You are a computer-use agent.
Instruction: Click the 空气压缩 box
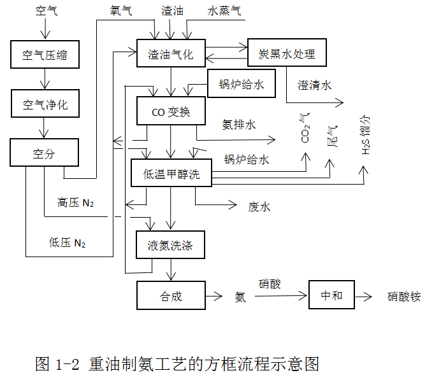[45, 55]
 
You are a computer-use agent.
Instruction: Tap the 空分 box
[45, 153]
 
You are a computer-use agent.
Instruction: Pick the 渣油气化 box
[170, 53]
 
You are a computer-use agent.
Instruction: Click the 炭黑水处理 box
[286, 53]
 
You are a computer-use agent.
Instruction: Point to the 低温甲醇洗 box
[171, 173]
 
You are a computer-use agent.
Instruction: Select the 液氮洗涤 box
[170, 244]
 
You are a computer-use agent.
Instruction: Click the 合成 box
[170, 296]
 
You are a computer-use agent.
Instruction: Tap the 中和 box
[331, 295]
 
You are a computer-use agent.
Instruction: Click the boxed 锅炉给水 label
[241, 84]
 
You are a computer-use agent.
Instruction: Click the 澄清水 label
[314, 84]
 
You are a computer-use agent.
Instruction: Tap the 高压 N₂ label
[75, 202]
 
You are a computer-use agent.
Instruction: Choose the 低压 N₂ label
[67, 243]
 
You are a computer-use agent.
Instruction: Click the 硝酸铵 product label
[404, 297]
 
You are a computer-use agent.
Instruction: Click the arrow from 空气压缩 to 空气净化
[44, 79]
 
